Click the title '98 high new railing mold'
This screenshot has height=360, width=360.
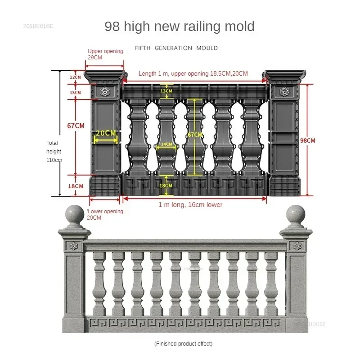[180, 27]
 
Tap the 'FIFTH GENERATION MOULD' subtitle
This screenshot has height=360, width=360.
[176, 48]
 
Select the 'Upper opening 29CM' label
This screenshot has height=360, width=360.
[105, 54]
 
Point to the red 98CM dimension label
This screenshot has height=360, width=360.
[308, 140]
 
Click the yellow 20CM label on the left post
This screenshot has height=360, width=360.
[106, 133]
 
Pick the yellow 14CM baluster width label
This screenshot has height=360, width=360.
[166, 144]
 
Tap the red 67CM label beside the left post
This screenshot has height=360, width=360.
[76, 126]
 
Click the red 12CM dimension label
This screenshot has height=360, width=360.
[75, 77]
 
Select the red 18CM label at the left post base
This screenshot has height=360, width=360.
[76, 186]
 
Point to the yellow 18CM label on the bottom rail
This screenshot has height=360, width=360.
[166, 185]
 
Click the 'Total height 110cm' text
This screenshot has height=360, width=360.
[54, 152]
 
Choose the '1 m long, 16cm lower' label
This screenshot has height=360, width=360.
[190, 205]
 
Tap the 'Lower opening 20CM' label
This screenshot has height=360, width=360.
[105, 215]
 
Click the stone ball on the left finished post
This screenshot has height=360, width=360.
[75, 214]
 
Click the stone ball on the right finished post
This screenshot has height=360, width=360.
[296, 214]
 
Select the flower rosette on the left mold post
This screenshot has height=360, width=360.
[105, 92]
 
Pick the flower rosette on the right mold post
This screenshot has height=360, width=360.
[284, 92]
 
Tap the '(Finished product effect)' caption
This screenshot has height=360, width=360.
[184, 344]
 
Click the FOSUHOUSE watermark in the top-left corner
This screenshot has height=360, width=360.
[38, 26]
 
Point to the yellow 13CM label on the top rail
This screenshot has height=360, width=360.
[166, 91]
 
